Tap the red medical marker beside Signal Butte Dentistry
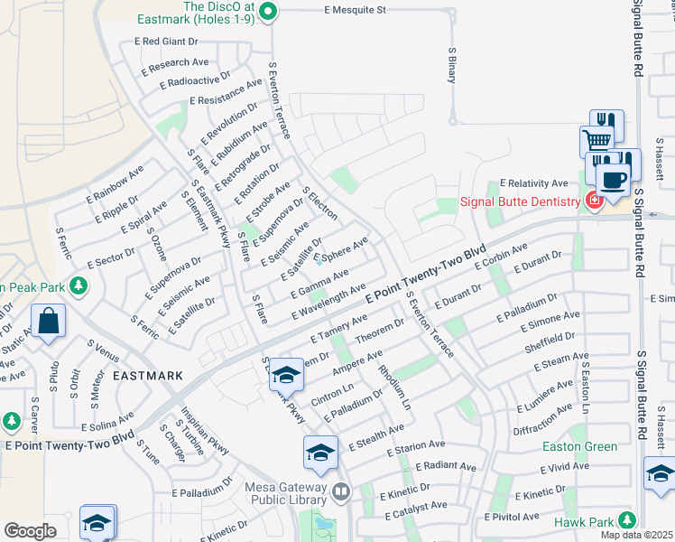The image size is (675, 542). coord(594,200)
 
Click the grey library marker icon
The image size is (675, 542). coord(340,492)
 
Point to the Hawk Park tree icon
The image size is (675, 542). coord(627,521)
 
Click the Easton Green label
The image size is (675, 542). coord(580,446)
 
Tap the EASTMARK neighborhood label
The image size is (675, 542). coord(148,375)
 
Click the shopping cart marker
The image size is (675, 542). coord(596,141)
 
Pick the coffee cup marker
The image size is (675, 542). coord(613,179)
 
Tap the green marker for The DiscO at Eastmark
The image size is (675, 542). coord(267,12)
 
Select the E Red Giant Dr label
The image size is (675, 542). coord(166,42)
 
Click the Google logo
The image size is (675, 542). coord(30,531)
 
